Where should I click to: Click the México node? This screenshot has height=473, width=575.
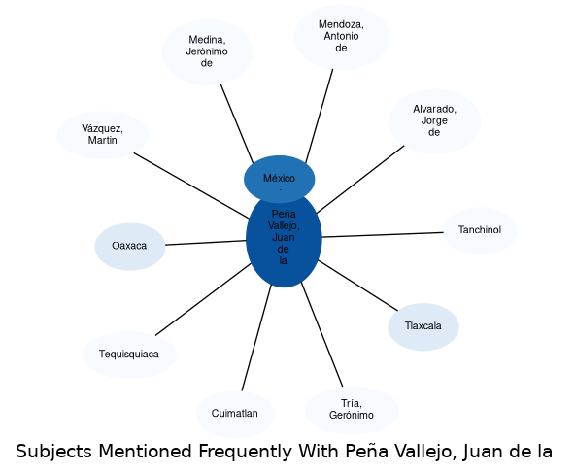pos(279,179)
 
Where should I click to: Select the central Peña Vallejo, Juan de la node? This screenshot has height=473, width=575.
pos(284,240)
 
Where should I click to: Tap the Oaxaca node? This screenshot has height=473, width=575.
pos(130,247)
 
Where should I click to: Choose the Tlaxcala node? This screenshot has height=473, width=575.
pos(423,326)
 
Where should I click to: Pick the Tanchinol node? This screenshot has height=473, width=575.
pos(480,230)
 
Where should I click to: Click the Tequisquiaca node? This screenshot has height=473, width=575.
pos(129,355)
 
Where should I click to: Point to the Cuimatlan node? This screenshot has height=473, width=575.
pos(235,414)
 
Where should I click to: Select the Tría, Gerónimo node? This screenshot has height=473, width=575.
pos(352,410)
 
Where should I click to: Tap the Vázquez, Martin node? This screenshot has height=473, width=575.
pos(103,135)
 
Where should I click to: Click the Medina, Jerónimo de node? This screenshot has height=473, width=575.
pos(208,52)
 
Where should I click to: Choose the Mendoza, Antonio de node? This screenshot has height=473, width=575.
pos(342,37)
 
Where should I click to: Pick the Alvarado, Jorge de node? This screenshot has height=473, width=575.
pos(435,121)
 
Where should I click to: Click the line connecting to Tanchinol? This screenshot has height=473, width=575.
pos(383,235)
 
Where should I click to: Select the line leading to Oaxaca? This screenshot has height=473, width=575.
pos(206,243)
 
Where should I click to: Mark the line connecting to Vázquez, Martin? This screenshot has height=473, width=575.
pos(191,186)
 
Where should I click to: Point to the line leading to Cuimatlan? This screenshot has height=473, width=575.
pos(256,338)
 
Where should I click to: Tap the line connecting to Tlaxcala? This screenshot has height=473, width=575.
pos(357,286)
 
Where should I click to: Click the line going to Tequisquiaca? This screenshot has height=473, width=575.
pos(203,299)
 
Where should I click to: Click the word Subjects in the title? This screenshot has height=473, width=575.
pos(54,452)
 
